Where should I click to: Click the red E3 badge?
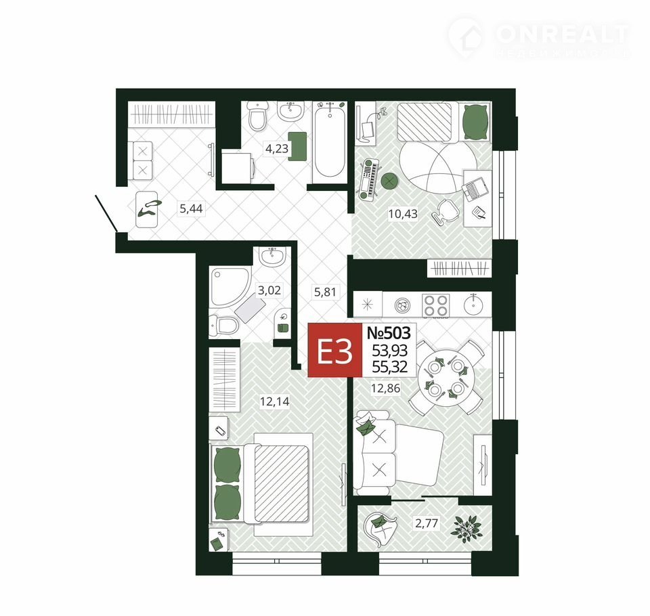click(335, 351)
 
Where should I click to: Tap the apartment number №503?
click(389, 333)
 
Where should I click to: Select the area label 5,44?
click(191, 208)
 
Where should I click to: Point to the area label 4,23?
click(276, 148)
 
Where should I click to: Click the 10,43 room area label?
click(402, 214)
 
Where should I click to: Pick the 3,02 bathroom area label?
click(269, 290)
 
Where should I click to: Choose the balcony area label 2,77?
click(426, 523)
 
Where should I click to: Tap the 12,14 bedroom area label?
click(274, 401)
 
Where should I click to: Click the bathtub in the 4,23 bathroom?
click(330, 139)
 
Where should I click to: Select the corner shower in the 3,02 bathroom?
click(230, 287)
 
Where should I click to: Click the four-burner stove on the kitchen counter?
click(435, 306)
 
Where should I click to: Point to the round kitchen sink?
click(473, 305)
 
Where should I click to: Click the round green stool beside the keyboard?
click(389, 180)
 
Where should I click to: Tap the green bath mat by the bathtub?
click(297, 146)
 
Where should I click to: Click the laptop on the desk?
click(475, 189)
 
